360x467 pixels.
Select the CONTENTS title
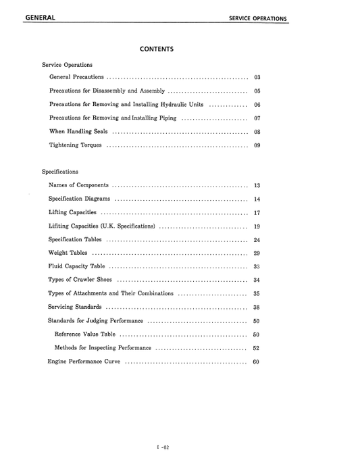pos(157,49)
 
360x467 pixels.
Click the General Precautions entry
pos(76,78)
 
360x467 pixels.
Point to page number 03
pos(257,78)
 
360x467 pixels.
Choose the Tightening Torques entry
pos(75,145)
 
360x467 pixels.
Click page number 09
pos(257,145)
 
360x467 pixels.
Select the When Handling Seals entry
pos(78,131)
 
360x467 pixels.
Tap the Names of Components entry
pos(78,185)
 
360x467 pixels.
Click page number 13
pos(257,185)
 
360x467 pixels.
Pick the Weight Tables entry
pos(68,253)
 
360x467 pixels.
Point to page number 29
pos(257,253)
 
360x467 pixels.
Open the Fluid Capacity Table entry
pos(76,266)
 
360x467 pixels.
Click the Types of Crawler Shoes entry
pos(80,280)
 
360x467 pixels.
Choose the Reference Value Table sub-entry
pos(84,334)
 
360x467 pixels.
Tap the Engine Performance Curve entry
pos(84,362)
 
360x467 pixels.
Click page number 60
pos(256,362)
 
